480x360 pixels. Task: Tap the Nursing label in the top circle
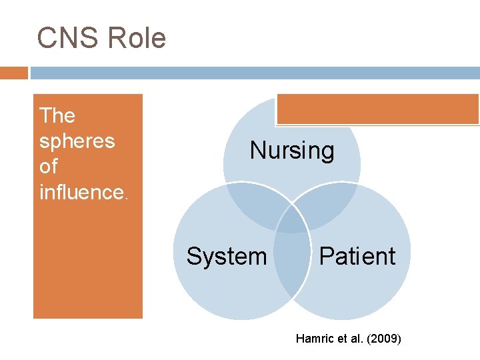(x=292, y=151)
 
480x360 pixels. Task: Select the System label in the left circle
(x=227, y=256)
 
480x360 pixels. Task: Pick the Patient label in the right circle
(x=357, y=256)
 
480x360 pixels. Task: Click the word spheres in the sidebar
(x=77, y=142)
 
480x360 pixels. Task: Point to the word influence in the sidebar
(x=81, y=193)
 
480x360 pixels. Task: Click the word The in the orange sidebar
(x=57, y=116)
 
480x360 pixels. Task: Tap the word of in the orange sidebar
(x=49, y=167)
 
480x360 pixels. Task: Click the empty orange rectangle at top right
(x=377, y=109)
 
